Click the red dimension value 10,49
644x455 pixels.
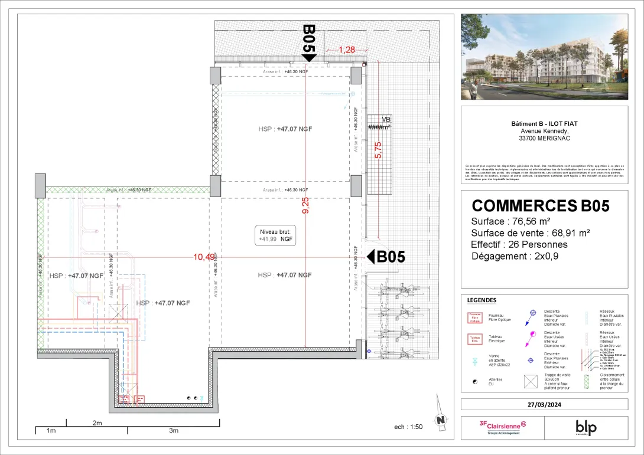click(204, 256)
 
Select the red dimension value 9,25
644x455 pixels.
click(305, 205)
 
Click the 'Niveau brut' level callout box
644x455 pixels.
click(275, 235)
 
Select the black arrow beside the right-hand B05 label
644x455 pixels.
click(371, 257)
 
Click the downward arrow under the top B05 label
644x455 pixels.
click(309, 57)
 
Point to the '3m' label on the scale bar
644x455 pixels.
click(173, 431)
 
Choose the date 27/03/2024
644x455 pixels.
click(544, 404)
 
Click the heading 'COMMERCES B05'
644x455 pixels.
click(540, 205)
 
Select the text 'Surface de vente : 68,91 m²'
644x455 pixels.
click(531, 233)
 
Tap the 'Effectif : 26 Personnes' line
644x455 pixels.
click(519, 244)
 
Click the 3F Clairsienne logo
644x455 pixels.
click(502, 426)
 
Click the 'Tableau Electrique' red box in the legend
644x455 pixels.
click(474, 339)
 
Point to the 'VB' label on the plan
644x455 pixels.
click(386, 119)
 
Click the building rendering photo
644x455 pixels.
click(544, 57)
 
